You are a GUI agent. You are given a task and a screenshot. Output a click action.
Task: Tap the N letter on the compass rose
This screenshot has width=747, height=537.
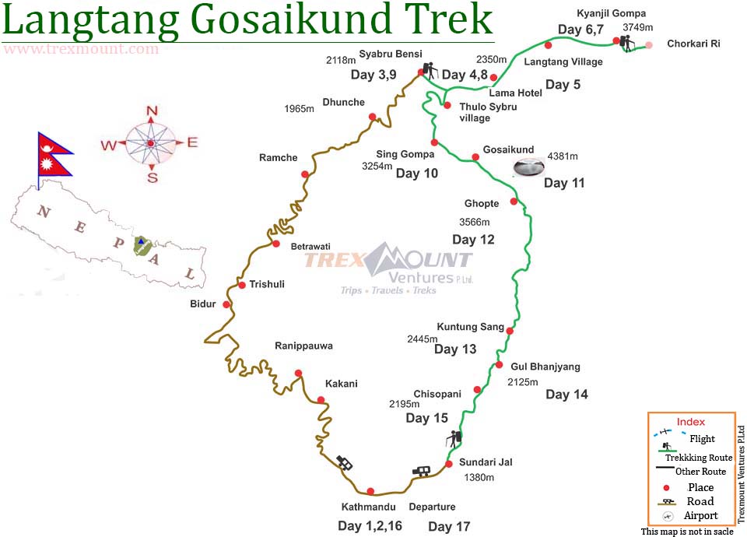[152, 111]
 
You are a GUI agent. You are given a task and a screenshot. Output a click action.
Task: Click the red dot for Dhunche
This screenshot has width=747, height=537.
[373, 118]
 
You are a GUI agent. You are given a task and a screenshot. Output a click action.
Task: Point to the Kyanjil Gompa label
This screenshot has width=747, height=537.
[612, 14]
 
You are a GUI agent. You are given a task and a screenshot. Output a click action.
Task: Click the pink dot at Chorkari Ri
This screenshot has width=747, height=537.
[649, 44]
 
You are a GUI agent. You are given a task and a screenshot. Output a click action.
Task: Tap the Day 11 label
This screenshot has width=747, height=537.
[564, 184]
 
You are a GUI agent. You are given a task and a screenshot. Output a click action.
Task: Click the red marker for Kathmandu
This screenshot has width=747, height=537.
[370, 491]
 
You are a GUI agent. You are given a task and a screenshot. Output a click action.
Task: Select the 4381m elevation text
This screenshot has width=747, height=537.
[563, 156]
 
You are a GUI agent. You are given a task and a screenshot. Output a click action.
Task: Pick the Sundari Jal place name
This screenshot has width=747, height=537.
[486, 462]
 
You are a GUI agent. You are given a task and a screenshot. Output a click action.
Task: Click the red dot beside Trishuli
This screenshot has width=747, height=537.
[242, 286]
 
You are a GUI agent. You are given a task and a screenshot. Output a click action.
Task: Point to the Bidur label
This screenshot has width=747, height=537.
[203, 304]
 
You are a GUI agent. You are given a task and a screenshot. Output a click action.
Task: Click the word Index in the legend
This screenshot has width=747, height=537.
[690, 422]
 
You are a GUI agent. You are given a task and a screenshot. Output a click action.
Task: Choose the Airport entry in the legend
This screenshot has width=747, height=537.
[700, 515]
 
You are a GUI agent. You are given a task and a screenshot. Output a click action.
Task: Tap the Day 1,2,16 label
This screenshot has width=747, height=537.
[370, 526]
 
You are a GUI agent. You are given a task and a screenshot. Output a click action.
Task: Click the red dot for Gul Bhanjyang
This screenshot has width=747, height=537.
[499, 365]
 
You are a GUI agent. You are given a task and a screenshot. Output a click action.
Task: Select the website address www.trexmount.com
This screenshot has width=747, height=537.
[81, 49]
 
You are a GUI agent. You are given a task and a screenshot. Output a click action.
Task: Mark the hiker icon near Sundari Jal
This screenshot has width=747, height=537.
[455, 438]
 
